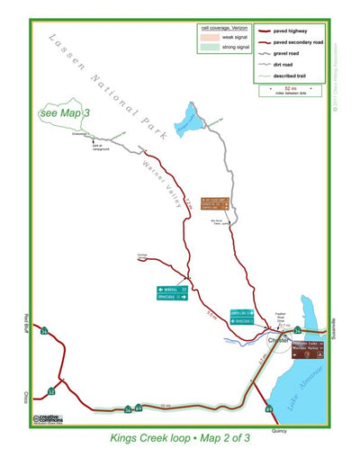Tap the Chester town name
pos(278,339)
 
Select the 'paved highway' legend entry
pos(295,31)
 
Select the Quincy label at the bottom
pos(277,431)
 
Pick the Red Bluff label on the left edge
pos(28,321)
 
